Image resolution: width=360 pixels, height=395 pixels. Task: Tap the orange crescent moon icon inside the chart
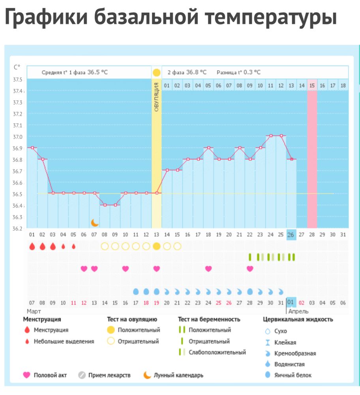pyautogui.click(x=95, y=222)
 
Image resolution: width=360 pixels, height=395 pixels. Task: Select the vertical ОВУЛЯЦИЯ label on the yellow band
pyautogui.click(x=156, y=97)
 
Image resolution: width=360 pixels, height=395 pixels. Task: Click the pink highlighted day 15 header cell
pyautogui.click(x=312, y=85)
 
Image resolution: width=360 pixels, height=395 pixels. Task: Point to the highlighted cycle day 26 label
pyautogui.click(x=291, y=234)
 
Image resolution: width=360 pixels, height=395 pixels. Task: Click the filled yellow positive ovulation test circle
pyautogui.click(x=156, y=246)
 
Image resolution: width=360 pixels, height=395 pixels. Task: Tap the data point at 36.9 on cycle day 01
pyautogui.click(x=32, y=148)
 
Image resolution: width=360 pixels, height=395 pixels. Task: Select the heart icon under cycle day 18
pyautogui.click(x=208, y=269)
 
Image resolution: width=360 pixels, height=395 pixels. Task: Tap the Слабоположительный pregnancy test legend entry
pyautogui.click(x=217, y=352)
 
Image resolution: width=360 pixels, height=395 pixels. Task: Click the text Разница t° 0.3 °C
pyautogui.click(x=238, y=72)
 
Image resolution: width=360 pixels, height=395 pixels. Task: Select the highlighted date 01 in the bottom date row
pyautogui.click(x=291, y=303)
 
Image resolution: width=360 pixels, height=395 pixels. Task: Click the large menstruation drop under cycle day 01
pyautogui.click(x=32, y=246)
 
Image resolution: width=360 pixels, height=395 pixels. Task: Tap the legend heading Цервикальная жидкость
pyautogui.click(x=298, y=319)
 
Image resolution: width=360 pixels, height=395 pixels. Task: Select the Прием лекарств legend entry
pyautogui.click(x=109, y=375)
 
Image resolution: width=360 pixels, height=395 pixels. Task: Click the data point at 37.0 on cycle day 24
pyautogui.click(x=270, y=135)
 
